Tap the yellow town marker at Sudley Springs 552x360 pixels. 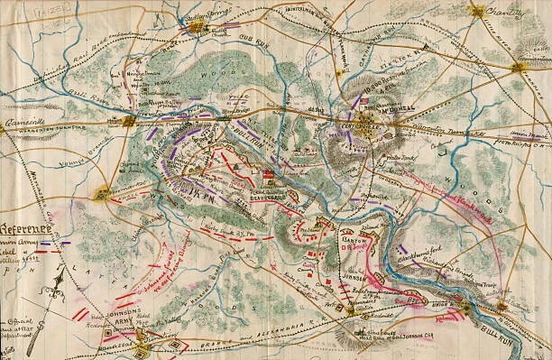coord(197,29)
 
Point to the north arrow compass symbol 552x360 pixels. coord(51,293)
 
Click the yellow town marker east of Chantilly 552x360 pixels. coord(519,66)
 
